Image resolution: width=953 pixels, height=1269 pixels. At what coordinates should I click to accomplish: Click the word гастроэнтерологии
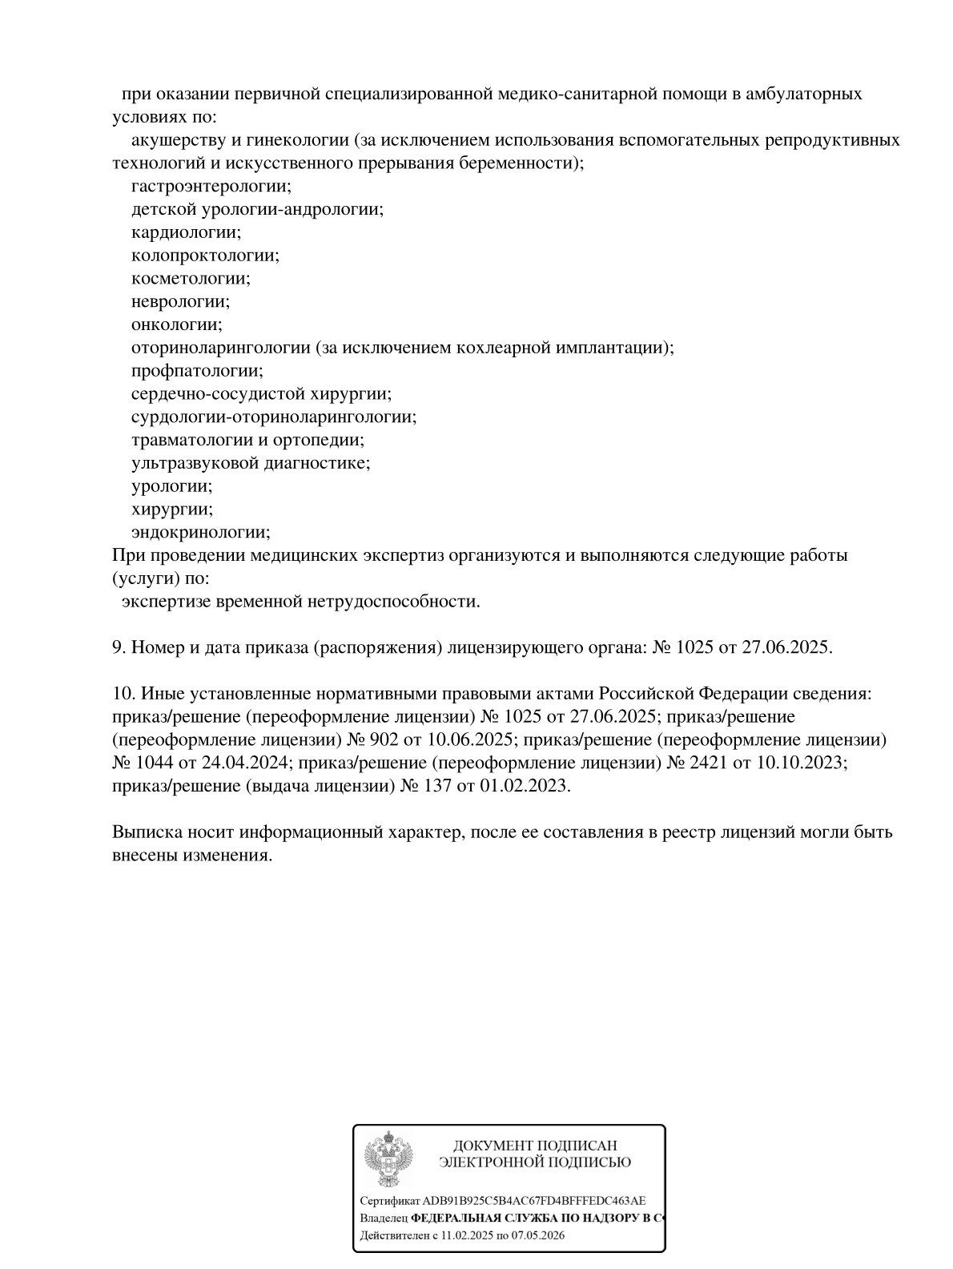click(211, 187)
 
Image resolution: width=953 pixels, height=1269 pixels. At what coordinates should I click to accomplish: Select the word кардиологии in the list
click(186, 232)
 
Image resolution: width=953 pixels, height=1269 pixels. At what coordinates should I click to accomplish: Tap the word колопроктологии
click(205, 256)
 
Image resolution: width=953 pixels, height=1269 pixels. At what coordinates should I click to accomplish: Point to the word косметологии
click(191, 279)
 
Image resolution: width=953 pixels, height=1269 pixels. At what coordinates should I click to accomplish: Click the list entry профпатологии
click(197, 371)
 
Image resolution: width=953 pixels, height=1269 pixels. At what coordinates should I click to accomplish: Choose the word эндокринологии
click(200, 532)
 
